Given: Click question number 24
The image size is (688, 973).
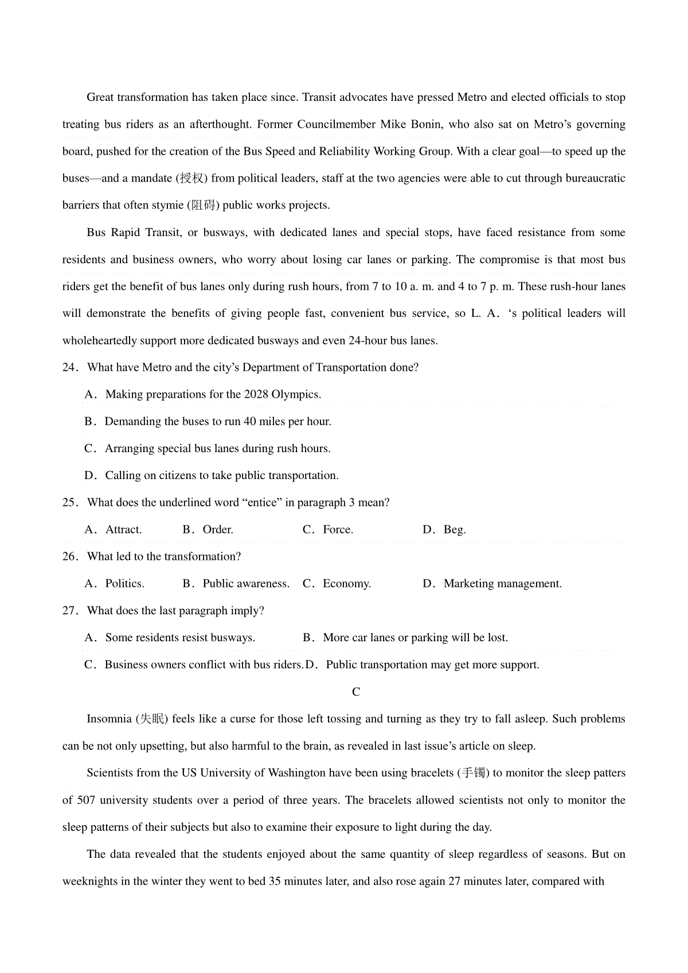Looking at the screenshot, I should point(69,368).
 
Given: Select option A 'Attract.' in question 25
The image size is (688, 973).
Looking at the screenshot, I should point(123,530).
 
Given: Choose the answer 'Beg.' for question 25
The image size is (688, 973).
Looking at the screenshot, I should point(454,530).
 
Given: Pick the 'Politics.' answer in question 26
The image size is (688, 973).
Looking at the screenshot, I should point(124,584).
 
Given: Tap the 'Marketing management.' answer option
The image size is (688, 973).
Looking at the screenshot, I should point(502,584).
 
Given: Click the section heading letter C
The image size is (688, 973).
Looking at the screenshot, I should point(356,692).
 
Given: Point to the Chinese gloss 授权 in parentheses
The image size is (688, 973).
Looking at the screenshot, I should point(192,179).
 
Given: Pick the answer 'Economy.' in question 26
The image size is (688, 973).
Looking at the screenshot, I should point(346,584).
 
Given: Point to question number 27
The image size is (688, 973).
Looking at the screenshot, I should point(69,611).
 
